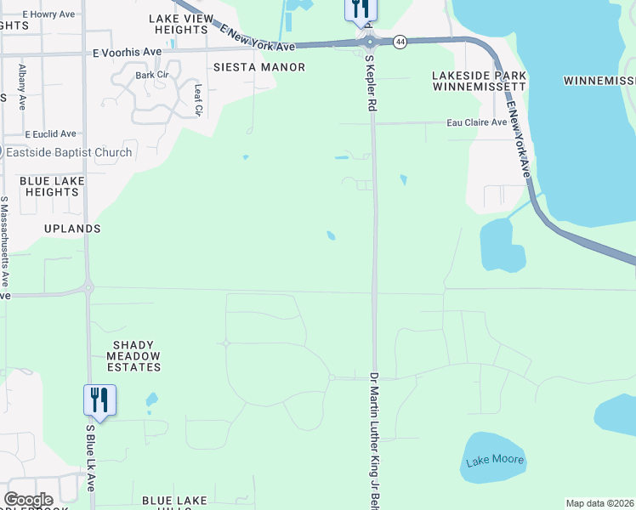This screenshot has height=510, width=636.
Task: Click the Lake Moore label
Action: tap(495, 462)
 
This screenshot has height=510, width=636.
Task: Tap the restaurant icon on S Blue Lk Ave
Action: tap(99, 400)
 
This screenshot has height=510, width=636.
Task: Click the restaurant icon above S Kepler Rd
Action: tap(360, 9)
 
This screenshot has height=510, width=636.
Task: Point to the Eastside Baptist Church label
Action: tap(68, 153)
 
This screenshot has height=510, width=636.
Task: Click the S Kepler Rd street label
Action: tap(370, 84)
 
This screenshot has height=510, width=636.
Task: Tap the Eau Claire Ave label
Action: tap(477, 122)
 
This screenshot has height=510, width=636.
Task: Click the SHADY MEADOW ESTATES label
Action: tap(132, 361)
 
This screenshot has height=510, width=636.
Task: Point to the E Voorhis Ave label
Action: tap(127, 52)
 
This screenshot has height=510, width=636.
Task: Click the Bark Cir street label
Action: tap(151, 75)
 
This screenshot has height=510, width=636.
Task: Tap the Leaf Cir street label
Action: tap(198, 99)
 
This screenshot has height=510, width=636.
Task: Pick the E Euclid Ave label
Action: tap(50, 134)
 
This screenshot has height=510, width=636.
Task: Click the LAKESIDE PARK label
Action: tap(480, 76)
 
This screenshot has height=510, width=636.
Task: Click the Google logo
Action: tap(28, 500)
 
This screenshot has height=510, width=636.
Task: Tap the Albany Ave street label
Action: tap(22, 83)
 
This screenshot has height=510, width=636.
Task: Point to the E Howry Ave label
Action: tap(48, 14)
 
